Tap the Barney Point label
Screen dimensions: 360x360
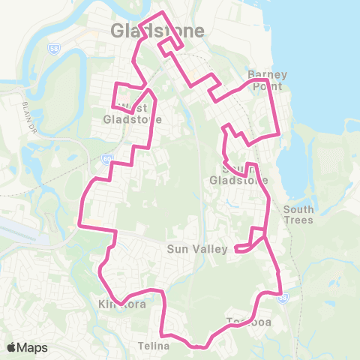pos(268,80)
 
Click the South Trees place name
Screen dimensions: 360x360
pos(298,214)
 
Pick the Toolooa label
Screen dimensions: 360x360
pos(248,322)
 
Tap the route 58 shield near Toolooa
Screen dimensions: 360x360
pos(281,298)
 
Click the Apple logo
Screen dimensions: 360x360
pos(11,347)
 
